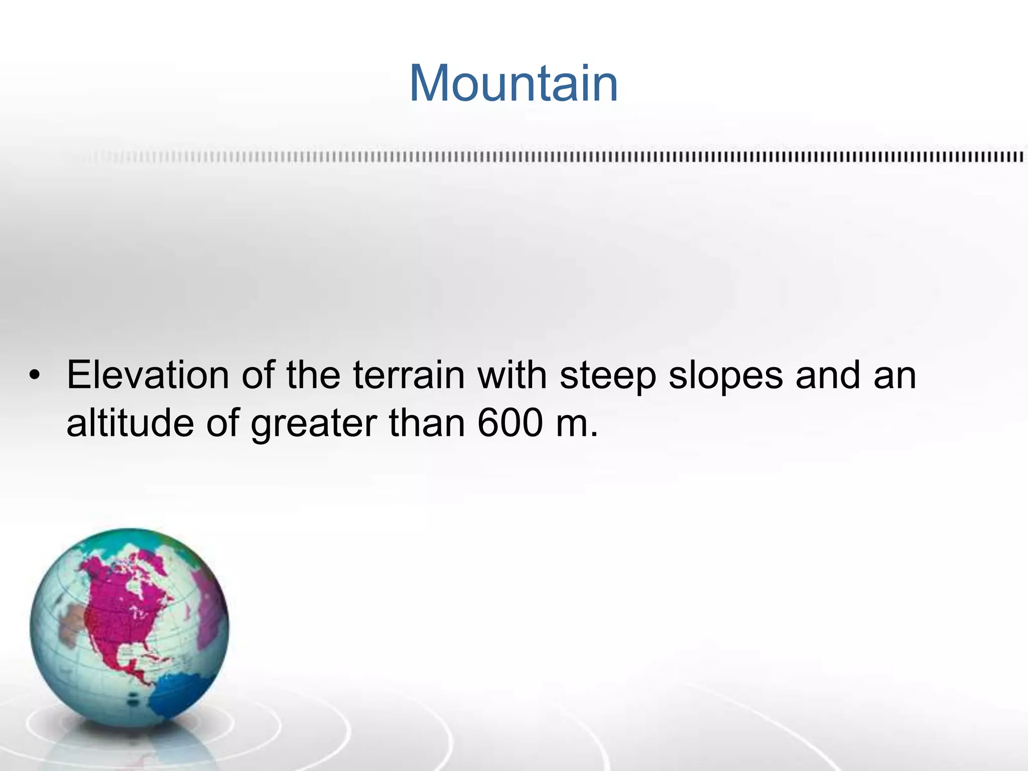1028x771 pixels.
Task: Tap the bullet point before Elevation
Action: click(x=34, y=375)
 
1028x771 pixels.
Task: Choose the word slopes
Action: click(x=725, y=376)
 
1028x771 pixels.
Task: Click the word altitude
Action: click(x=130, y=423)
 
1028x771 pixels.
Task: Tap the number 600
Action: click(x=510, y=423)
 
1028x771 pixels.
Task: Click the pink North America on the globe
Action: click(x=120, y=617)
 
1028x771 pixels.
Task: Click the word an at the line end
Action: click(x=895, y=376)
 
